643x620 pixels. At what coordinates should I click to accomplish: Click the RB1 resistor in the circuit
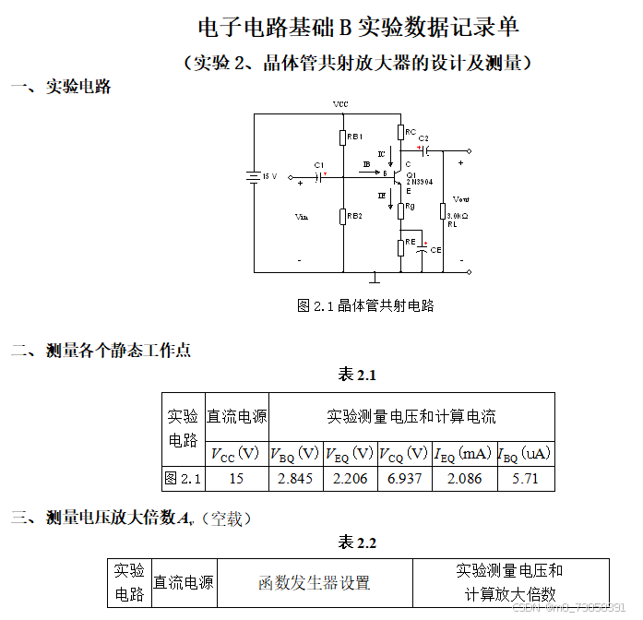tap(342, 137)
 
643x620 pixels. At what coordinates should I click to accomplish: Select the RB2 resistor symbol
tap(342, 217)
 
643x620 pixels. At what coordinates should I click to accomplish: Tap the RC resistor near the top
tap(400, 132)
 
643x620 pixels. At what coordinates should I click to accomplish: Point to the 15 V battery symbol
tap(254, 176)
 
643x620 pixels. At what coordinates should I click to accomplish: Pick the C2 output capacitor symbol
tap(426, 150)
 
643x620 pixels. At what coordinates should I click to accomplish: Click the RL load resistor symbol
tap(443, 211)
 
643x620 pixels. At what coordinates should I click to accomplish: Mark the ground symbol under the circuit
tap(375, 278)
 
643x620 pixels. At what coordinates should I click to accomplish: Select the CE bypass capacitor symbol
tap(423, 249)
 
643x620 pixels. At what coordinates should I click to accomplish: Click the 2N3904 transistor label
tap(414, 182)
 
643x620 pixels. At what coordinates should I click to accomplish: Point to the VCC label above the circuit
tap(341, 104)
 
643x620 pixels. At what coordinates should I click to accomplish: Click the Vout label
tap(461, 199)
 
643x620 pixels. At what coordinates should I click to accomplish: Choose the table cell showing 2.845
tap(295, 479)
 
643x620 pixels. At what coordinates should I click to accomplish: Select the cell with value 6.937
tap(404, 479)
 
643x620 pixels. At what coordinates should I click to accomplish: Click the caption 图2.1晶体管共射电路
tap(365, 305)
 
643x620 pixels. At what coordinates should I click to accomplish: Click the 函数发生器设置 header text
tap(314, 583)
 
